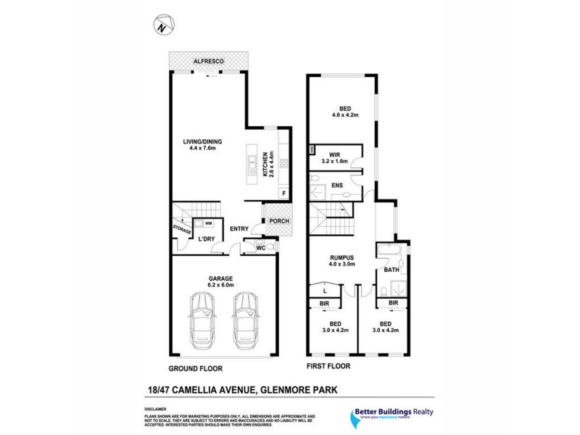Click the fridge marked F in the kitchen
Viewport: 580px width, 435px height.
283,193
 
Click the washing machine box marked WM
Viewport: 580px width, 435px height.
208,223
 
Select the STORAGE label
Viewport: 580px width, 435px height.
182,231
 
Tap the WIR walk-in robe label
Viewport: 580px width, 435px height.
334,154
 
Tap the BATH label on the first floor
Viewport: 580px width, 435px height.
391,270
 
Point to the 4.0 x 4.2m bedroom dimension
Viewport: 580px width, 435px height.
346,115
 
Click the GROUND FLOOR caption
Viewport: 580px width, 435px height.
194,367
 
